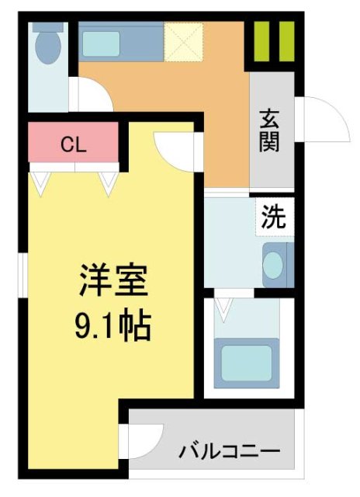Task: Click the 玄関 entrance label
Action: (x=270, y=131)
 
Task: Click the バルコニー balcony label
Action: (x=228, y=450)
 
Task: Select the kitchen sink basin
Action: (x=102, y=43)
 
